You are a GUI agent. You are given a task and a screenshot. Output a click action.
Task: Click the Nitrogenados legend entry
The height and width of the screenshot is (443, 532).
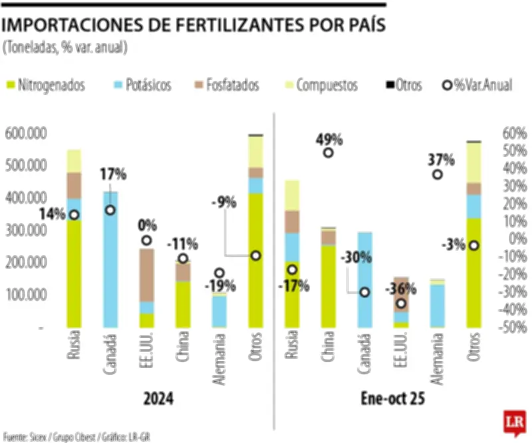coord(51,86)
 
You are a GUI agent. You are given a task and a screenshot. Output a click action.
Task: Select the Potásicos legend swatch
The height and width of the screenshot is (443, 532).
coord(119,86)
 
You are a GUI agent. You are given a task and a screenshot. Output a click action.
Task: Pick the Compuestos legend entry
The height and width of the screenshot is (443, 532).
coord(326,86)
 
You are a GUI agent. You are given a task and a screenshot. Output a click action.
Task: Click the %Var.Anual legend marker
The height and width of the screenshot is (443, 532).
coord(448,86)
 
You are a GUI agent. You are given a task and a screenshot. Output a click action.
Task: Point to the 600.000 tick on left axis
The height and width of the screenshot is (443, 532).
coord(25,134)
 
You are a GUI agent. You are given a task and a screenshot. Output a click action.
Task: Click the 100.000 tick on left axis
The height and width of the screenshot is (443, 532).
coord(25,295)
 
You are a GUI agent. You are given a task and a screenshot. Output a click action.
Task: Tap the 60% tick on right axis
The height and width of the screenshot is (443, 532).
coord(509,133)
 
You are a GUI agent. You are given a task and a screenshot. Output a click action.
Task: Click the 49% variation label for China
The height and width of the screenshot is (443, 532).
coord(329,139)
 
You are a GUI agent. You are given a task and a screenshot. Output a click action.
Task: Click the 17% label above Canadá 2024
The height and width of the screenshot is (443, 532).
coord(113,175)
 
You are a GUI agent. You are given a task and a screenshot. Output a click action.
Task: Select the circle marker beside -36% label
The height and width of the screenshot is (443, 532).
coord(400,303)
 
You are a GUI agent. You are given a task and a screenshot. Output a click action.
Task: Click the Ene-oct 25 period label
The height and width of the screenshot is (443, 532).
coord(393,399)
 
